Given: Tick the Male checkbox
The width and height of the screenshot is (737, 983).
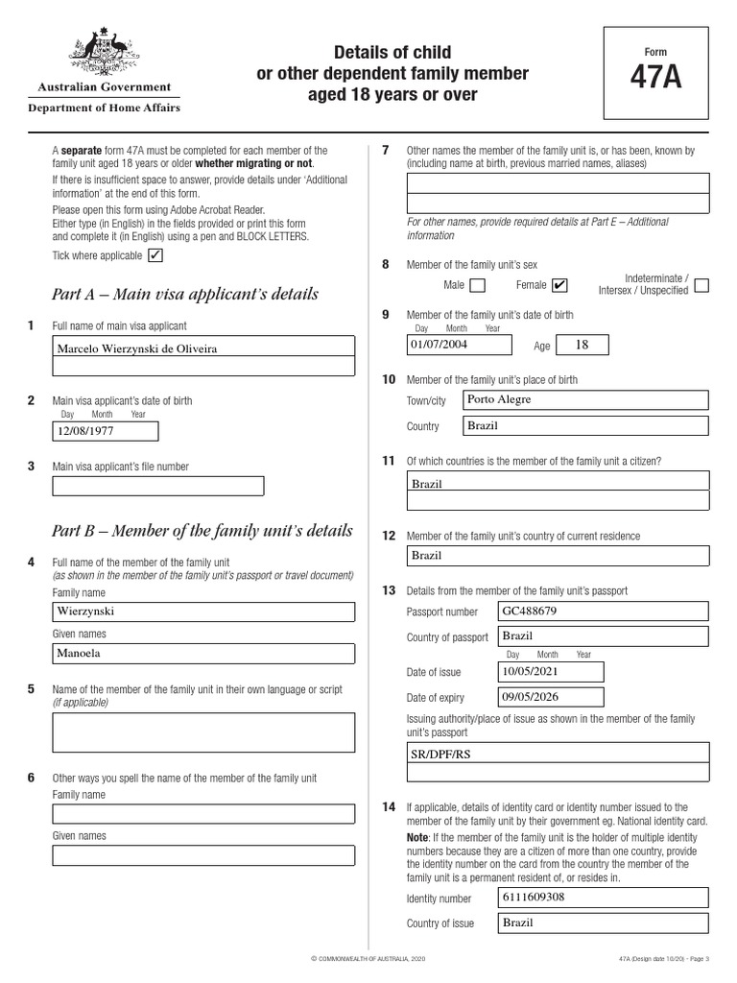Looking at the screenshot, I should pyautogui.click(x=478, y=285).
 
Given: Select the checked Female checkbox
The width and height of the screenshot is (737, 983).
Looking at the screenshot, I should pyautogui.click(x=560, y=285).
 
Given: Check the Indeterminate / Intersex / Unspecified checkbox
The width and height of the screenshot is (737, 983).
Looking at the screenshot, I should pyautogui.click(x=701, y=285).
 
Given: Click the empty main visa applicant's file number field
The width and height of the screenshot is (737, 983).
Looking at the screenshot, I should pyautogui.click(x=157, y=486).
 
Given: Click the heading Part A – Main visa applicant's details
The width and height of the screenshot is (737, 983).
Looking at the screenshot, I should pyautogui.click(x=185, y=294).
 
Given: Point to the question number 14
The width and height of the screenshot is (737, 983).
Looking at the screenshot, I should pyautogui.click(x=388, y=807).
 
